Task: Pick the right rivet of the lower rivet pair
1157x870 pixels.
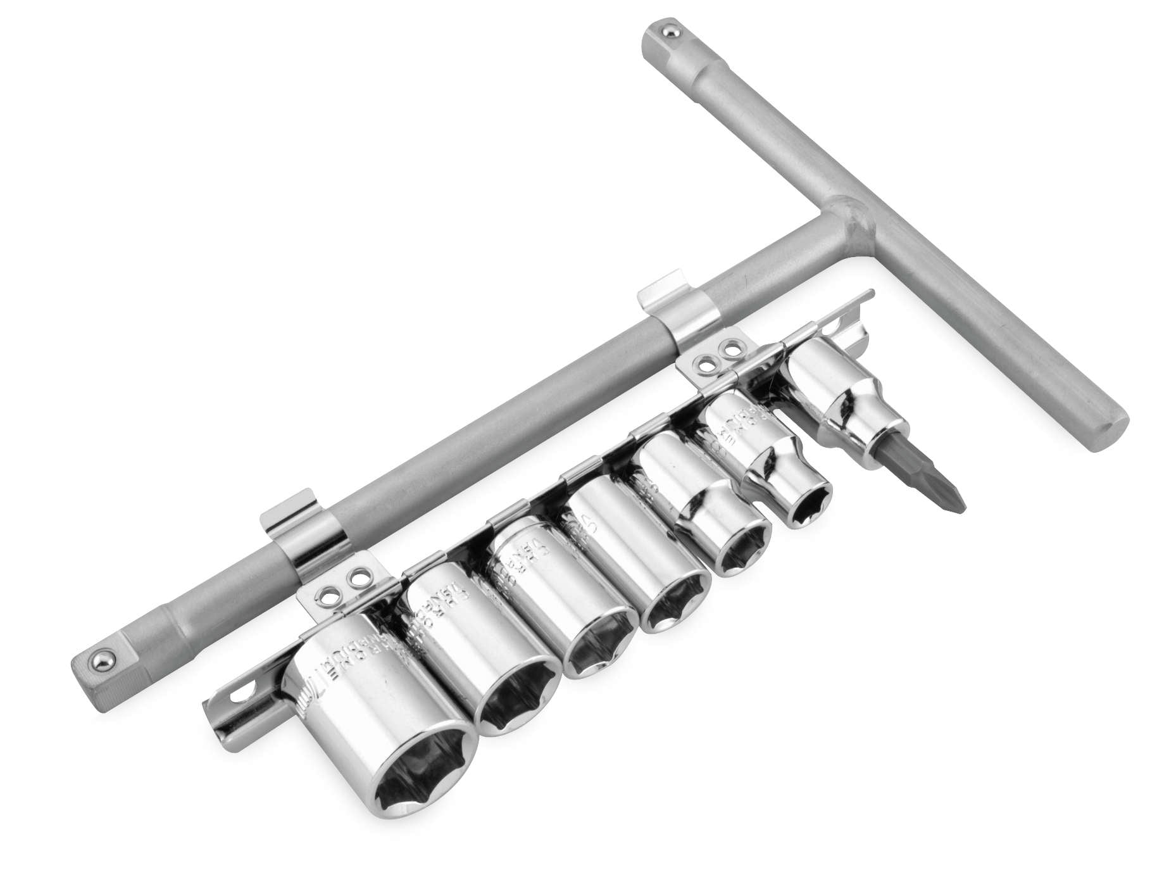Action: tap(360, 579)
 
